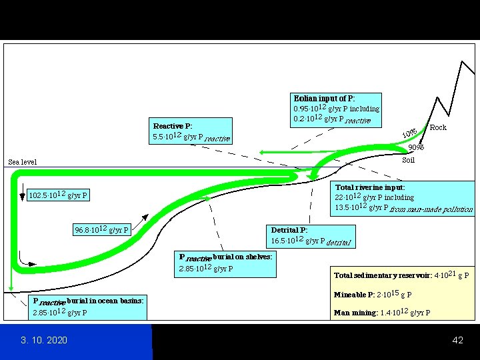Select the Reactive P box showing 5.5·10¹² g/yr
point(192,132)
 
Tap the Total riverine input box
point(403,198)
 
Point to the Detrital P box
point(311,235)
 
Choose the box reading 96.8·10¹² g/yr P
point(102,230)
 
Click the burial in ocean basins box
point(88,307)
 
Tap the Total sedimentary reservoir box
point(401,275)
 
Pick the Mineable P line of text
point(373,295)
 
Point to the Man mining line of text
point(382,313)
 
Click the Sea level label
point(23,162)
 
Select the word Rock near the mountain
point(438,127)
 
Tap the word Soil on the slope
point(409,160)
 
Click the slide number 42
point(457,341)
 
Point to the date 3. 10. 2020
point(44,341)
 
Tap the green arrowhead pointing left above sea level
point(263,153)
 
